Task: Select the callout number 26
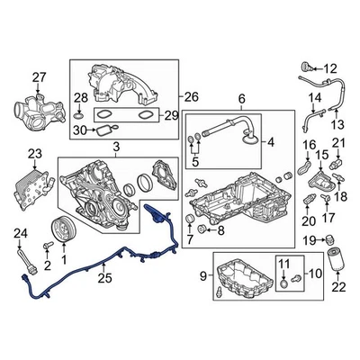coord(192,96)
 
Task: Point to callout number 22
coord(338,287)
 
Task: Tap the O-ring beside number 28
coord(79,116)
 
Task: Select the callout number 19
coord(307,238)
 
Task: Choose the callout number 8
coord(221,230)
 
